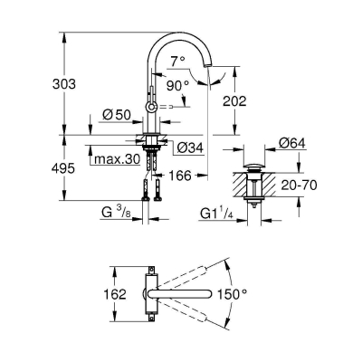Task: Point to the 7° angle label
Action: [177, 62]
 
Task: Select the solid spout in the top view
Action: [186, 293]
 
